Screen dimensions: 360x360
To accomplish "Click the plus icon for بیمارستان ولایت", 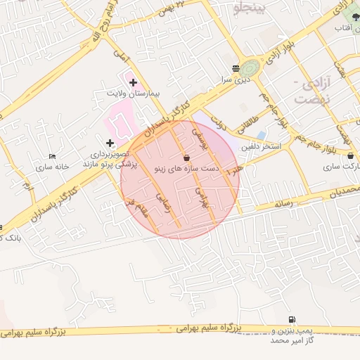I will [133, 82].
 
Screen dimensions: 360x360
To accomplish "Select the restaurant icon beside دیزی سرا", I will [234, 69].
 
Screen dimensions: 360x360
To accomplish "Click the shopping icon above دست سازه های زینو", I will [186, 157].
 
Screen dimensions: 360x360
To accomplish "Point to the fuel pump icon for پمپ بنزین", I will [292, 319].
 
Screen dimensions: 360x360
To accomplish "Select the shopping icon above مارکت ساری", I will [350, 156].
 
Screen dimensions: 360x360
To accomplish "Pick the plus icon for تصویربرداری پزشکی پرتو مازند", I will [110, 143].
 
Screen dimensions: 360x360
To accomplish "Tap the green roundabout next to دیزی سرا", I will [251, 69].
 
